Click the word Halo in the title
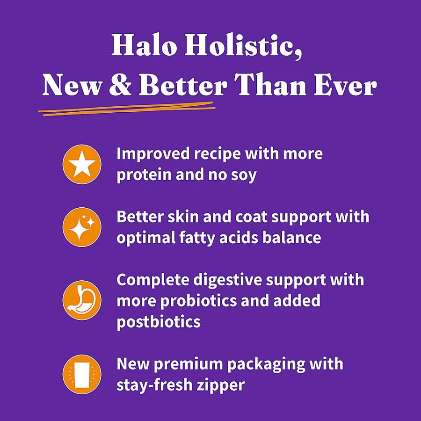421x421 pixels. (x=144, y=45)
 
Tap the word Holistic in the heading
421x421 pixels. (x=243, y=46)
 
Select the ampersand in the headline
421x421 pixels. (x=121, y=85)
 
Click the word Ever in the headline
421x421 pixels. (x=346, y=85)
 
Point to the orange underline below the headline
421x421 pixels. (x=127, y=109)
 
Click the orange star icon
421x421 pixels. (x=82, y=164)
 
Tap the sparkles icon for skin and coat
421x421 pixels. (x=82, y=227)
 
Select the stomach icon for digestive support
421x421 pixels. (x=82, y=300)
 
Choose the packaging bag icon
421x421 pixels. (x=82, y=374)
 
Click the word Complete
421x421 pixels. (x=153, y=280)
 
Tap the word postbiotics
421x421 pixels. (x=159, y=322)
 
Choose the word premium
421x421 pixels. (x=188, y=364)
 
